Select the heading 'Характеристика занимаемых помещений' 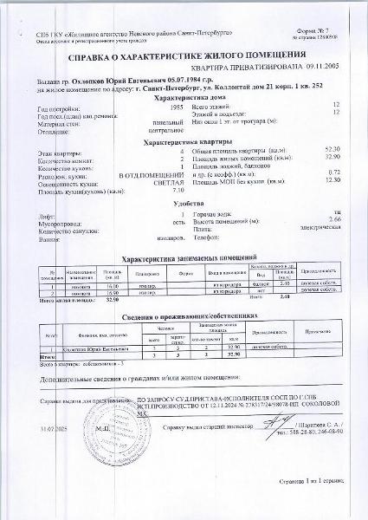click(184, 258)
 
